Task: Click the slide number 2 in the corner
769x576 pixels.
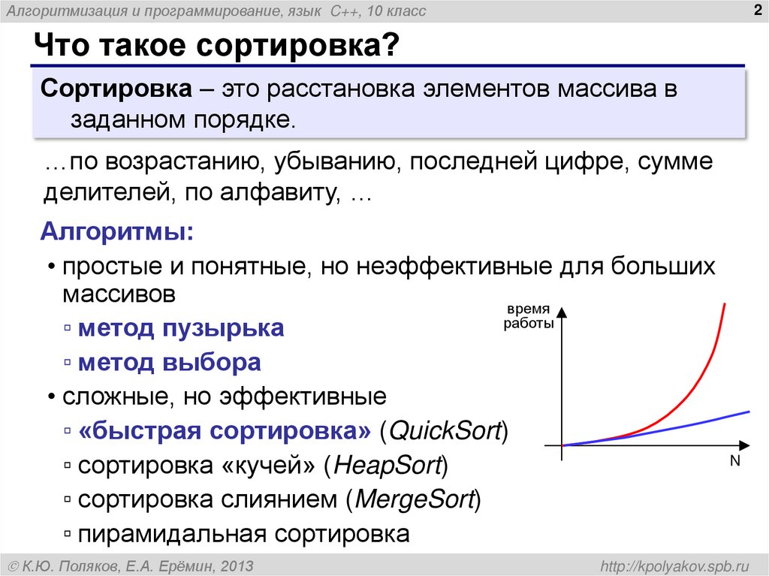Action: tap(753, 10)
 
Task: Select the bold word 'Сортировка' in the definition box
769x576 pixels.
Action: tap(115, 89)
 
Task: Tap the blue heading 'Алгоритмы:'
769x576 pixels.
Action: tap(116, 231)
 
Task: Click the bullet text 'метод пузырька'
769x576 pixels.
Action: tap(181, 328)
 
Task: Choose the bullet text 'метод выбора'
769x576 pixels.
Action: tap(170, 363)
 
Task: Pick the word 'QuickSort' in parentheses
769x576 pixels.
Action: tap(445, 432)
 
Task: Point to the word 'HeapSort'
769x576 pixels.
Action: tap(386, 466)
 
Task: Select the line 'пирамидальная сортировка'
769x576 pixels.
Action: tap(244, 534)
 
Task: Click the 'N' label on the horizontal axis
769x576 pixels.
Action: tap(734, 462)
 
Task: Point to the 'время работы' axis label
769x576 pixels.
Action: tap(528, 317)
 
